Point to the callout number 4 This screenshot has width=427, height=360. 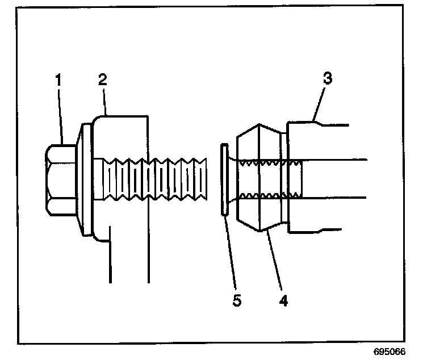click(x=282, y=299)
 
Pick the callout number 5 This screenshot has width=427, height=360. click(x=237, y=300)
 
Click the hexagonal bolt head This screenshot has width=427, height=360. click(x=61, y=179)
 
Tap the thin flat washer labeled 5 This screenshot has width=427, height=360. click(x=224, y=179)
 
